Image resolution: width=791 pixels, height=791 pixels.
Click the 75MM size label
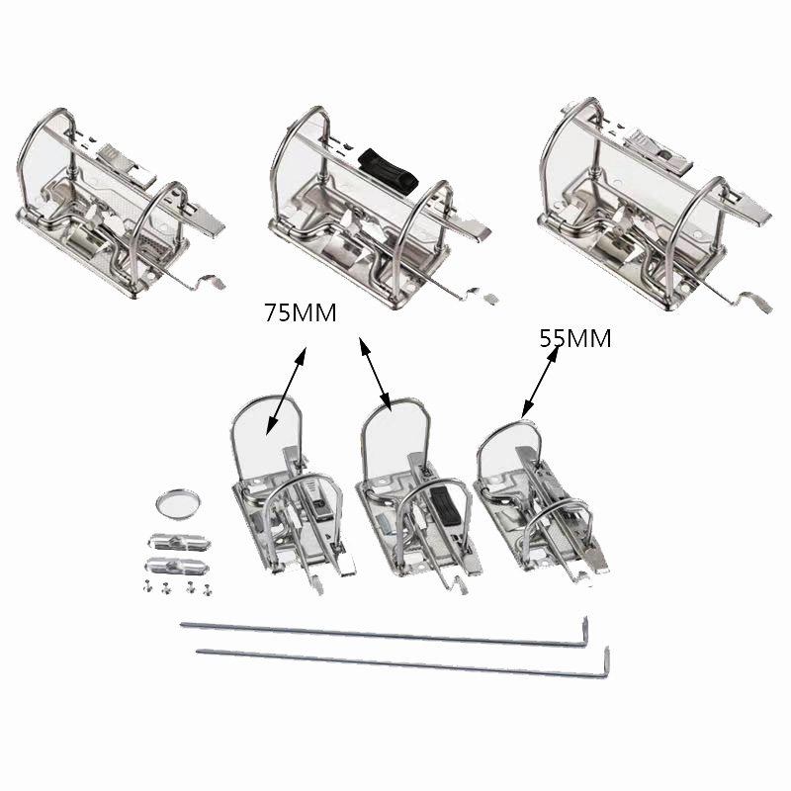[x=301, y=313]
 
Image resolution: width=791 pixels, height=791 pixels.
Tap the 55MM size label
[x=575, y=338]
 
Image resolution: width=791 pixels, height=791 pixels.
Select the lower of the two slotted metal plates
[x=178, y=567]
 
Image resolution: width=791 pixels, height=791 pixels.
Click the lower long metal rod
[x=395, y=659]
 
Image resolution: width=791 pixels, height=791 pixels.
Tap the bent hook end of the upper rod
[x=585, y=631]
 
